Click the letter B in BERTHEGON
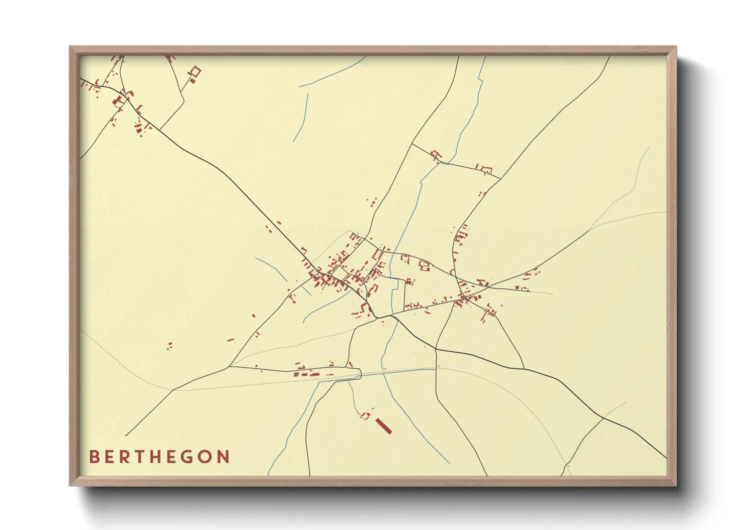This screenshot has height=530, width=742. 94,457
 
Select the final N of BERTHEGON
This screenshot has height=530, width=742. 223,457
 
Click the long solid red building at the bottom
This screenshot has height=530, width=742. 384,426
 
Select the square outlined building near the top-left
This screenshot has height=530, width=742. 195,72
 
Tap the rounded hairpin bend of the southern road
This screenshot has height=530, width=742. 359,373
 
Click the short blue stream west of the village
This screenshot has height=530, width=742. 271,269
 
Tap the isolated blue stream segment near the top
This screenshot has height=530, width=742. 302,116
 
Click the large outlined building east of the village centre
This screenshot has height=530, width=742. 425,266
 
